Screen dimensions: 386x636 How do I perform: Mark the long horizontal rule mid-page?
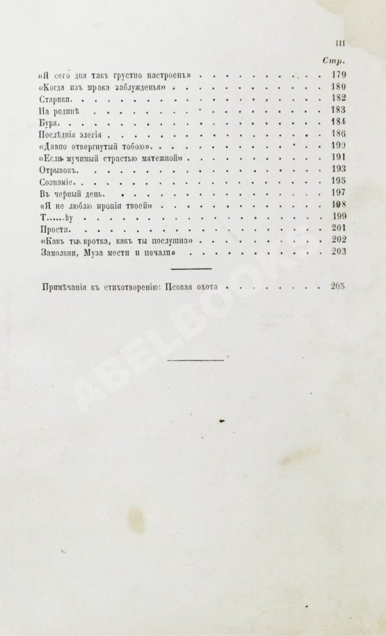tap(195, 360)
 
